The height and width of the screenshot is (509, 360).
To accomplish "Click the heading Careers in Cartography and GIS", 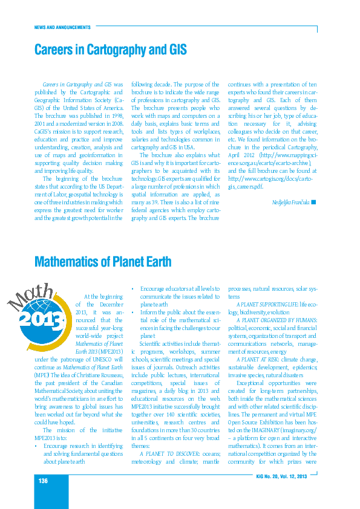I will (x=110, y=50).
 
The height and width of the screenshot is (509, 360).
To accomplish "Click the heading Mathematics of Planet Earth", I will (x=103, y=262).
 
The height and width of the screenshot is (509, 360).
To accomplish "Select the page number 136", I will (x=43, y=480).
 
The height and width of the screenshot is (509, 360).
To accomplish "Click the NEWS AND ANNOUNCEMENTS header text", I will (x=62, y=27).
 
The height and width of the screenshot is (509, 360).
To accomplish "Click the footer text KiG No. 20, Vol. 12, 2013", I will (x=283, y=477).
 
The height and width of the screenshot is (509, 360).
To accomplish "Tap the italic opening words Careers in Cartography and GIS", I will (x=77, y=85).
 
